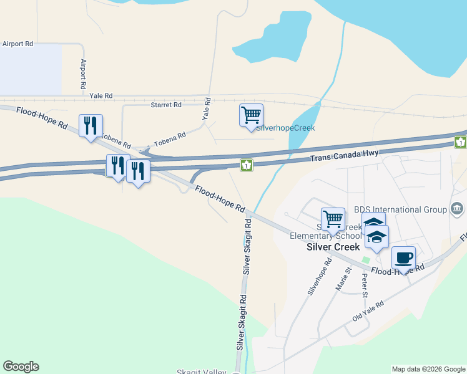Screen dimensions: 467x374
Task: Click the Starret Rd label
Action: [x=165, y=105]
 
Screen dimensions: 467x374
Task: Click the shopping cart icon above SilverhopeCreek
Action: [x=251, y=115]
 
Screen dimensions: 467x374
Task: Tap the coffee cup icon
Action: [x=403, y=257]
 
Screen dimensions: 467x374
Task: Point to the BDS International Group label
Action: [x=400, y=209]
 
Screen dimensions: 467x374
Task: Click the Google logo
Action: [x=21, y=367]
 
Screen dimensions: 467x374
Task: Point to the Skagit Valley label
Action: [x=201, y=372]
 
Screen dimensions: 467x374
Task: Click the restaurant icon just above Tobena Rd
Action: [x=91, y=126]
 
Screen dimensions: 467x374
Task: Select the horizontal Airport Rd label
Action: [x=17, y=44]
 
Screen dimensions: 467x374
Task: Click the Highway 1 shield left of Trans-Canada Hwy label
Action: [x=247, y=165]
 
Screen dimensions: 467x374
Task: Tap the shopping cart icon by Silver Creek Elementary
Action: [x=333, y=219]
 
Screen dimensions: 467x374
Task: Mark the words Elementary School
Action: [x=326, y=236]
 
